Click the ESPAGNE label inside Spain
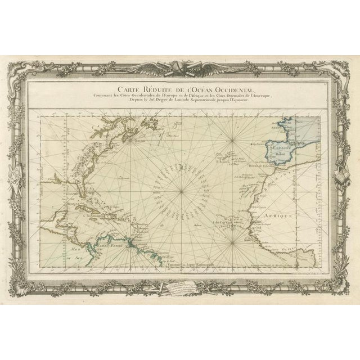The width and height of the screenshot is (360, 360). (x=278, y=144)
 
